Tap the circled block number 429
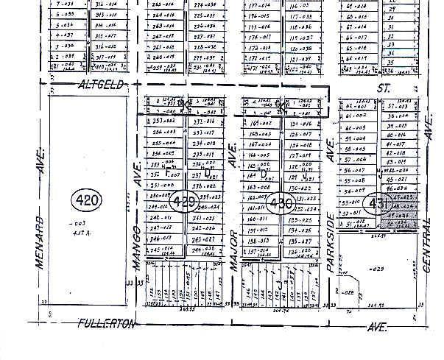coord(182,201)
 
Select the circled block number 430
coord(281,205)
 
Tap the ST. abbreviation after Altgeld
coord(381,87)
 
